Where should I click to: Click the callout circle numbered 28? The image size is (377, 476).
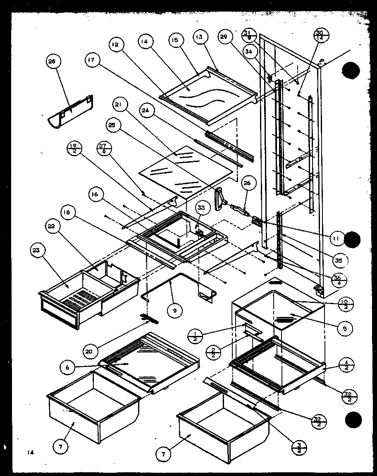click(52, 62)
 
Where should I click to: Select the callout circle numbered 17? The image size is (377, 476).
click(91, 60)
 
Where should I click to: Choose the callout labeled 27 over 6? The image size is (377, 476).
click(103, 148)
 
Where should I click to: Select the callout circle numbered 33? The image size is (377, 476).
click(200, 208)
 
